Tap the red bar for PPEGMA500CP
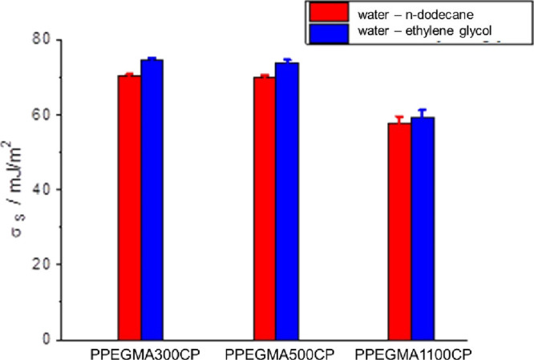(x=264, y=208)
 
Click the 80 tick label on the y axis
(x=51, y=39)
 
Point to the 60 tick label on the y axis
(x=51, y=115)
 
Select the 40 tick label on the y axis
(x=51, y=189)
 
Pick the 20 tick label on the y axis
(x=51, y=265)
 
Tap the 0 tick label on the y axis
(x=55, y=339)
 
